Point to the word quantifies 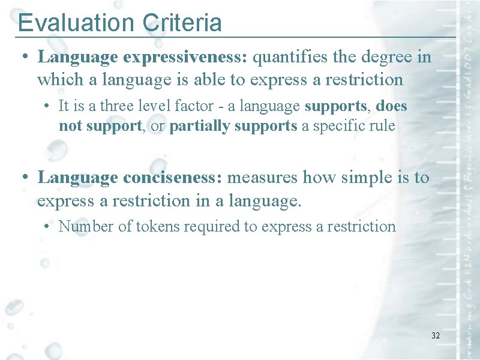(289, 58)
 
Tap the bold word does (393, 106)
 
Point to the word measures (263, 178)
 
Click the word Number (83, 226)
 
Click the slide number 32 (436, 335)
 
